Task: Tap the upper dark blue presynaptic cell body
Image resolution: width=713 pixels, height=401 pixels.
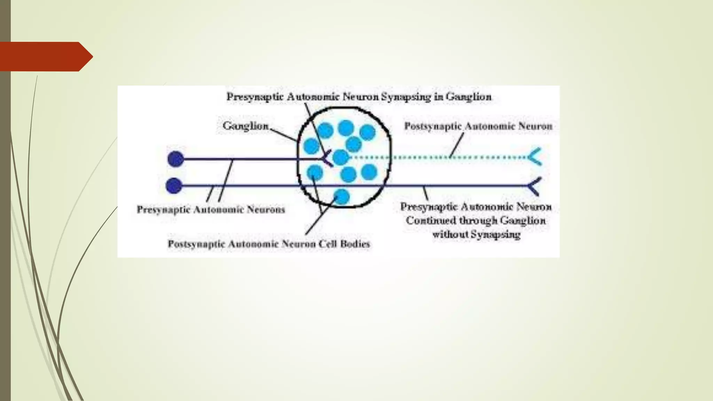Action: [175, 159]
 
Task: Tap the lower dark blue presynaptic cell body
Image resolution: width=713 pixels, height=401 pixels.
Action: [174, 186]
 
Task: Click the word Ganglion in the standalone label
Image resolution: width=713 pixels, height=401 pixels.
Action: [245, 126]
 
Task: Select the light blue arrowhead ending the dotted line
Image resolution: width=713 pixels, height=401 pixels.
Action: [535, 157]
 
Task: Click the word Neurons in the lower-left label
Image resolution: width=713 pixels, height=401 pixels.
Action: [266, 210]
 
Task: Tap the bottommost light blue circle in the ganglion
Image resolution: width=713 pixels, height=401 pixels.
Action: [342, 197]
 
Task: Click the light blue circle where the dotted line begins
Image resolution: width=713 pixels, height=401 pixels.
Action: [340, 157]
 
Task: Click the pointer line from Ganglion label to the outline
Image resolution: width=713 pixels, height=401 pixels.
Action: [284, 135]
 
